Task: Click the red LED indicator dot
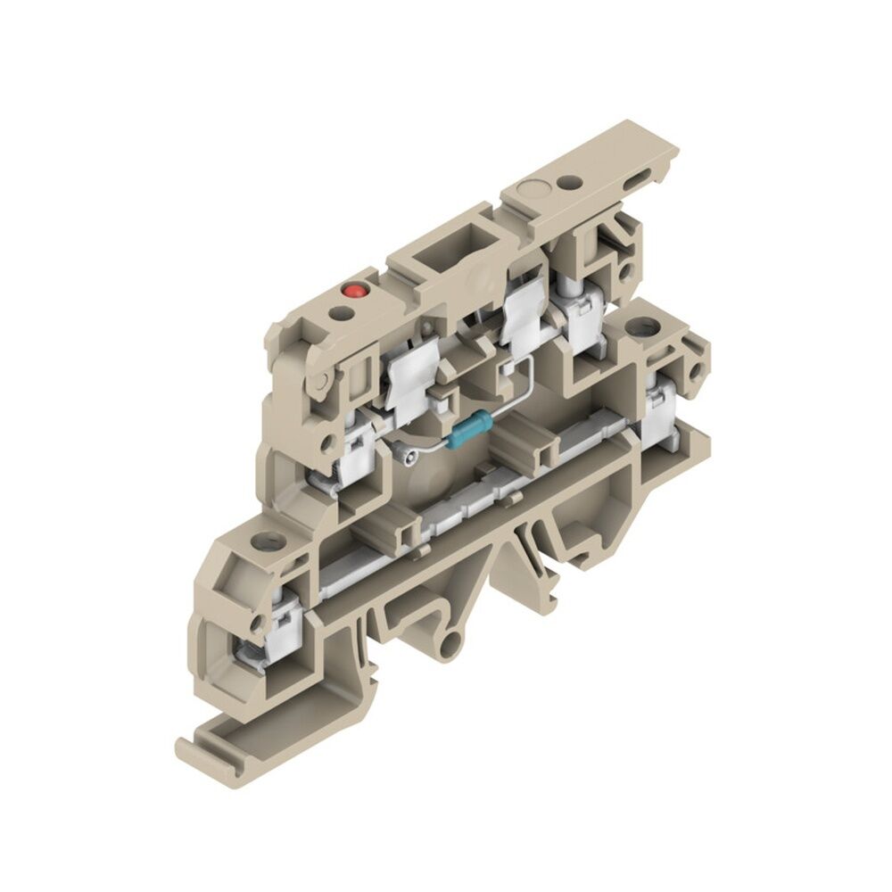pos(353,290)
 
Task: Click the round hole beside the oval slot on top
pos(566,185)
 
